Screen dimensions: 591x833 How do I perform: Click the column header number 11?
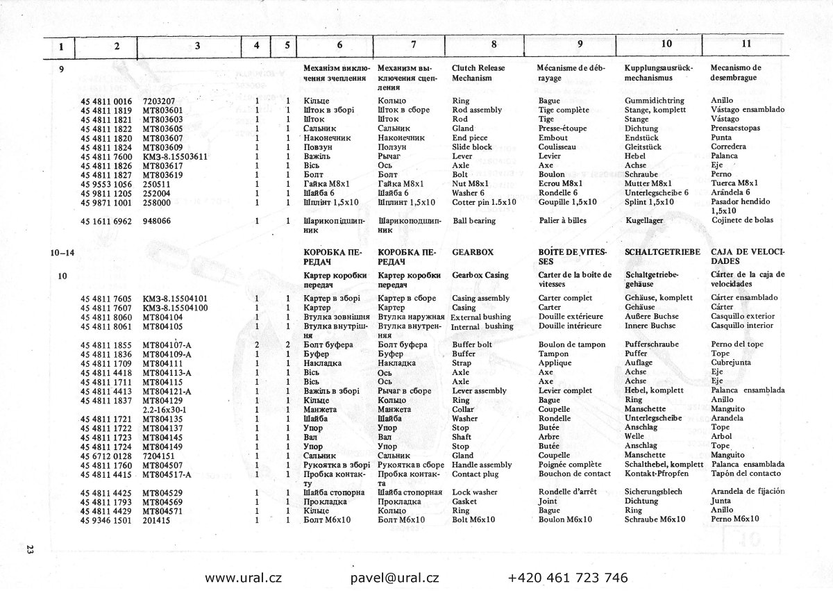746,44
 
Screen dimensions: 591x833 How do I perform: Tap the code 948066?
157,221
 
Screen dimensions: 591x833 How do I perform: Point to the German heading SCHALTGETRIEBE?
663,252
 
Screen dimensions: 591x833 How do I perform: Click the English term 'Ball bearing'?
474,221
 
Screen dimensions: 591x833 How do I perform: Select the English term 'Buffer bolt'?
471,344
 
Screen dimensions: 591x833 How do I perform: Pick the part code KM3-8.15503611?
176,156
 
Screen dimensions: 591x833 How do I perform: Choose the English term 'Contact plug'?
475,474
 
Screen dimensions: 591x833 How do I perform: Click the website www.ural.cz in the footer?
243,577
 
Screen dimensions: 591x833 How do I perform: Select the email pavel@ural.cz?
395,577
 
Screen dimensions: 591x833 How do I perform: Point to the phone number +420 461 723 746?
568,577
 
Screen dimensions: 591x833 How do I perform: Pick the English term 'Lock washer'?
475,492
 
